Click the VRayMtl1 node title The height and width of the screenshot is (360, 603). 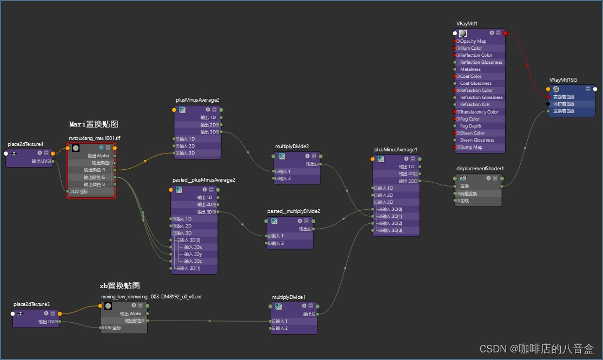coord(467,23)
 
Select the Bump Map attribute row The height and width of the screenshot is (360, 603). coord(471,147)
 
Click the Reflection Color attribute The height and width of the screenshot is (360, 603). coord(476,55)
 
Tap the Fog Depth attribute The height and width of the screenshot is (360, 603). coord(471,126)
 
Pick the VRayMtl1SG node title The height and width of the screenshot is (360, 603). coord(563,79)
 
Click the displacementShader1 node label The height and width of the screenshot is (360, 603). coord(480,168)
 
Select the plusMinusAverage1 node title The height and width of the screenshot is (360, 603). coord(395,149)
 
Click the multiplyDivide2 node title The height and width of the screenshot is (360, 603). coord(292,146)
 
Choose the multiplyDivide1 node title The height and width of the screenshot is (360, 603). coord(289,297)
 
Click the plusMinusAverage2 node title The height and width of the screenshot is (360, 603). coord(197,100)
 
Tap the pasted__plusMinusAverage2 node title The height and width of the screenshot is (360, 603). coord(204,179)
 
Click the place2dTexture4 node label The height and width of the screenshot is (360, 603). coord(25,144)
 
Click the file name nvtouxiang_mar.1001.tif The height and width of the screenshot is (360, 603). coord(94,138)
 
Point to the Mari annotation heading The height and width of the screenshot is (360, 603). coord(94,124)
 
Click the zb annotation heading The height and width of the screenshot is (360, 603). coord(120,285)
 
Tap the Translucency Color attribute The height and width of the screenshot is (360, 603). coord(479,112)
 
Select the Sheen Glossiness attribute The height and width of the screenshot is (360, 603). coord(477,140)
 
